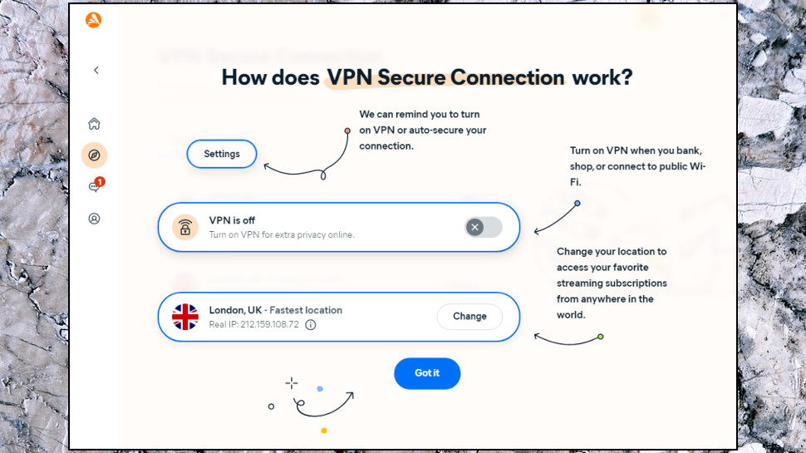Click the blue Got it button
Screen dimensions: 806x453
pos(427,373)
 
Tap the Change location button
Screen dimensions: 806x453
pos(469,316)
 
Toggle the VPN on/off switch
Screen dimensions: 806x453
pos(484,227)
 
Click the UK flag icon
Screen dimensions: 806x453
pos(185,317)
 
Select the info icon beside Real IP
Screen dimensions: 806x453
pos(311,324)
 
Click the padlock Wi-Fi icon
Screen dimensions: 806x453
pos(185,227)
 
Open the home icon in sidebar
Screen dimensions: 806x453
pos(94,123)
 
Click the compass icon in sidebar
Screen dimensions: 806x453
pos(94,155)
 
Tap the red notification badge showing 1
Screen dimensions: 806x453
pos(100,181)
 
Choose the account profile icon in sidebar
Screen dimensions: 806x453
pos(94,219)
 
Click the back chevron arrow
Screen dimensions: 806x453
pos(96,70)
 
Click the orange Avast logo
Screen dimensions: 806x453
pos(94,20)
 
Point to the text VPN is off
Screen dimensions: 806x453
pos(232,220)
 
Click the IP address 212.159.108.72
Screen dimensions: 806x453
pos(269,324)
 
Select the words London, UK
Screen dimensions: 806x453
pos(235,310)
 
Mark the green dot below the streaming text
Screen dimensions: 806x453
pos(601,337)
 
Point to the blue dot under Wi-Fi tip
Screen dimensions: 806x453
pos(577,203)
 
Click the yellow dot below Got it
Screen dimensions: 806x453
pos(324,431)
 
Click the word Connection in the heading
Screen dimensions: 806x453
pos(508,77)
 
